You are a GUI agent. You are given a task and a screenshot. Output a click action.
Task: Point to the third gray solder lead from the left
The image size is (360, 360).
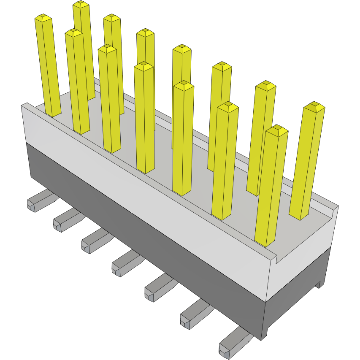(x=95, y=241)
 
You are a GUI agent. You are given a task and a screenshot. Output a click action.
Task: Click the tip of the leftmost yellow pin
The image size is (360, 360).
(x=43, y=18)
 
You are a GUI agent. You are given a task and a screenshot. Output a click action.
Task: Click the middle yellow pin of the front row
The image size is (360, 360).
(x=144, y=118)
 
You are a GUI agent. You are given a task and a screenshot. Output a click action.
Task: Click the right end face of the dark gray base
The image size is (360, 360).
(x=295, y=295)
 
